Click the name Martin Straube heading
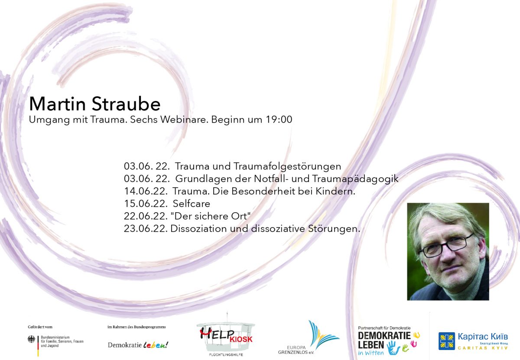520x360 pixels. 94,104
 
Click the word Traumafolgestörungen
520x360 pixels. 288,166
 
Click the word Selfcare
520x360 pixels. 191,204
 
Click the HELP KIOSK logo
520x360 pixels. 226,336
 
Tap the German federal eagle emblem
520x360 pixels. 32,340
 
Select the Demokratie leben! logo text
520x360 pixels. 138,345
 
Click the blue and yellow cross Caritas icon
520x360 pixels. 446,341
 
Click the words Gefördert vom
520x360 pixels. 40,327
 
